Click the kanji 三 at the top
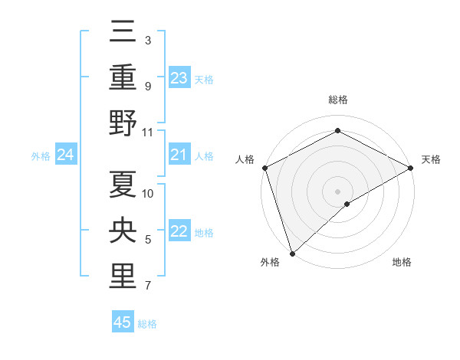123,32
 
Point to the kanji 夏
123,184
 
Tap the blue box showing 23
179,78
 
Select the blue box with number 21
179,155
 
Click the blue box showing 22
179,232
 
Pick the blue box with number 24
66,155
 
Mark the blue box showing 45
123,322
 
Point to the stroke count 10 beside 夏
149,193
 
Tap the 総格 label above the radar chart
338,100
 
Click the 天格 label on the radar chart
431,160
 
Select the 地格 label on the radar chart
402,263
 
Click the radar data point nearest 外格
292,253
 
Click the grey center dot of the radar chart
338,191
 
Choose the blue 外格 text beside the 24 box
41,156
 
